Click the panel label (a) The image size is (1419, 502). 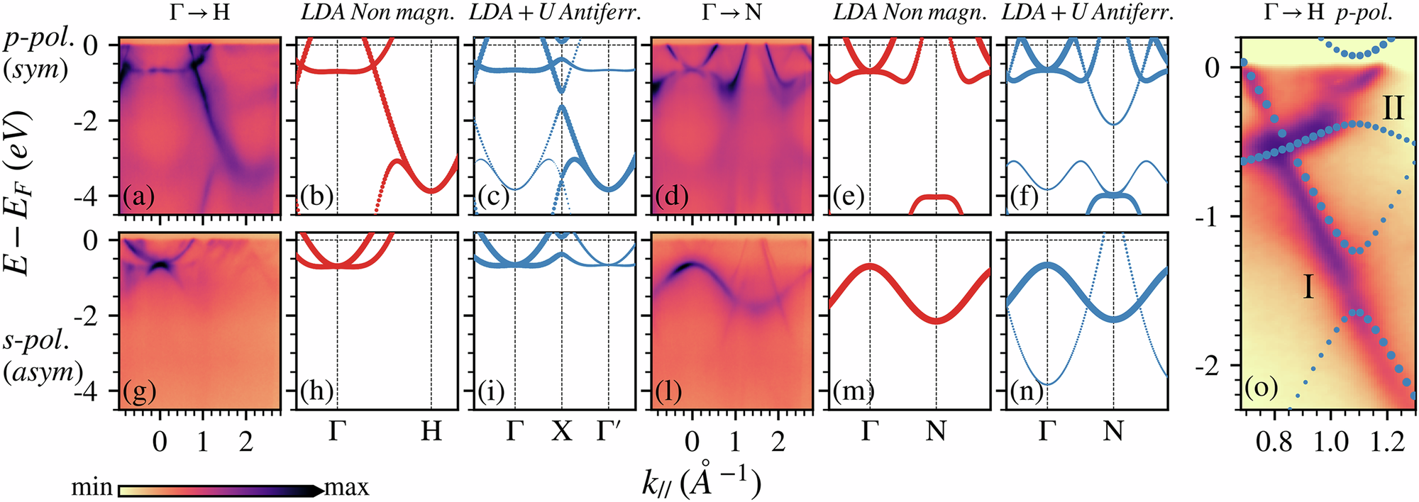(138, 196)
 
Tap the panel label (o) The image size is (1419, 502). (1261, 387)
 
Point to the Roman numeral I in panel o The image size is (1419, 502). (1309, 288)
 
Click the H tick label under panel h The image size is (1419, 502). (431, 430)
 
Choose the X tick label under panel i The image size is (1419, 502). (562, 430)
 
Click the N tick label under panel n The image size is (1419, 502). (1113, 430)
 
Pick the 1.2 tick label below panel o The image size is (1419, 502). (1388, 442)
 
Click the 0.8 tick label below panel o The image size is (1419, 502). (1274, 442)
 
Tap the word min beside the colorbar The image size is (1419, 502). (92, 488)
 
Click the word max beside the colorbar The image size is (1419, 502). (347, 488)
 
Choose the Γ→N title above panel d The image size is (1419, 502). (731, 12)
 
